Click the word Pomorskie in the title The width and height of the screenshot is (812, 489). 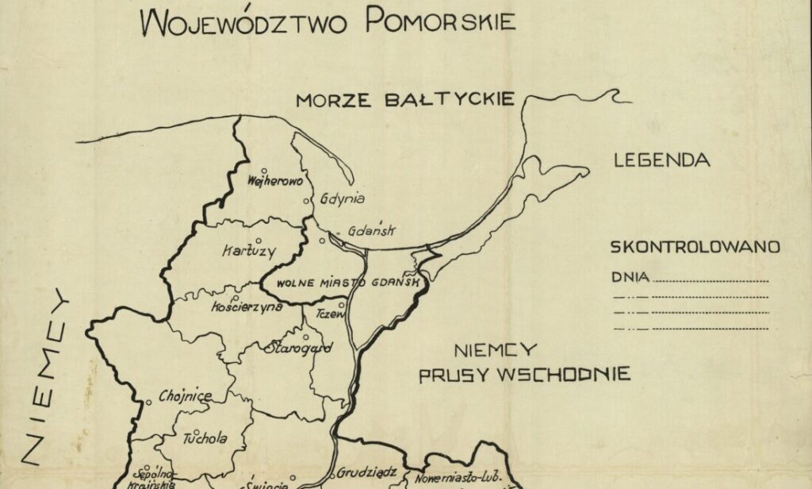(440, 21)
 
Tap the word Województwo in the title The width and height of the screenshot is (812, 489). (244, 24)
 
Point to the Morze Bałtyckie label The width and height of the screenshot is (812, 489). (405, 100)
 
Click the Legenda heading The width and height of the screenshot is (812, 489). (661, 160)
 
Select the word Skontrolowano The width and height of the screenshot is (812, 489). (695, 247)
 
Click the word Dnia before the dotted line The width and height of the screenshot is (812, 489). (631, 278)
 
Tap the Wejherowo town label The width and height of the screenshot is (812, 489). (275, 181)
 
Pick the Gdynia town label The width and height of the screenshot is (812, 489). (343, 198)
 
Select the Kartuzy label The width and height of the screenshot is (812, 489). (249, 252)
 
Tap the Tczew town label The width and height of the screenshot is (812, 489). (331, 314)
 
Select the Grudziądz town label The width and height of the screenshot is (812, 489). (366, 472)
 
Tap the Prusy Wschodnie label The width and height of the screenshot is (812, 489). (525, 374)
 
